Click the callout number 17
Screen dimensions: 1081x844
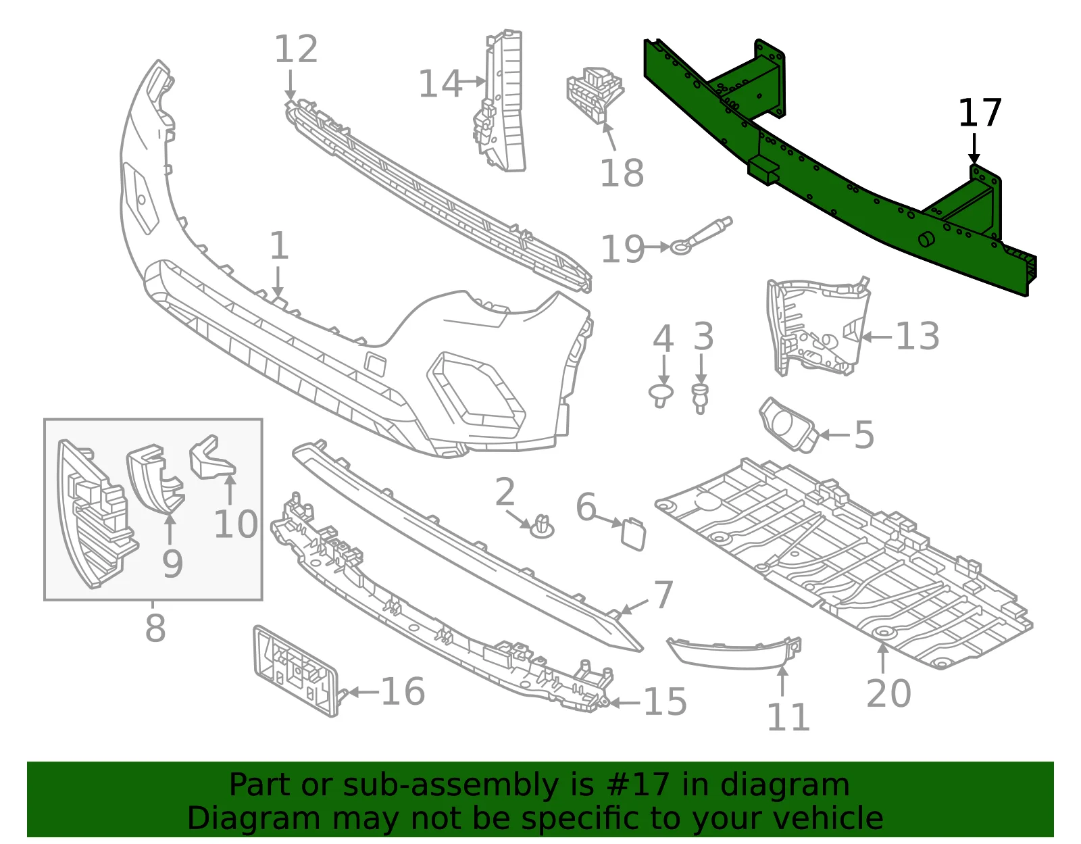tap(979, 114)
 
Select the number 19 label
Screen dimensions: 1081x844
tap(623, 249)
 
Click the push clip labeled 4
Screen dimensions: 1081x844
tap(661, 395)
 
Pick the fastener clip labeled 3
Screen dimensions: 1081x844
tap(701, 399)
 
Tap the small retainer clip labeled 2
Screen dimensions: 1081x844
tap(542, 527)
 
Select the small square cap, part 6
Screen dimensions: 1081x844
tap(633, 534)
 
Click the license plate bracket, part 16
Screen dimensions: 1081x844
tap(297, 671)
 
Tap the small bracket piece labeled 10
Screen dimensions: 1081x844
tap(211, 458)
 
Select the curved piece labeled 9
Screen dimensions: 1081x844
tap(155, 478)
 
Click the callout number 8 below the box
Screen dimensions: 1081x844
tap(155, 628)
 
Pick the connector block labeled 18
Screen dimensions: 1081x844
tap(595, 95)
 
